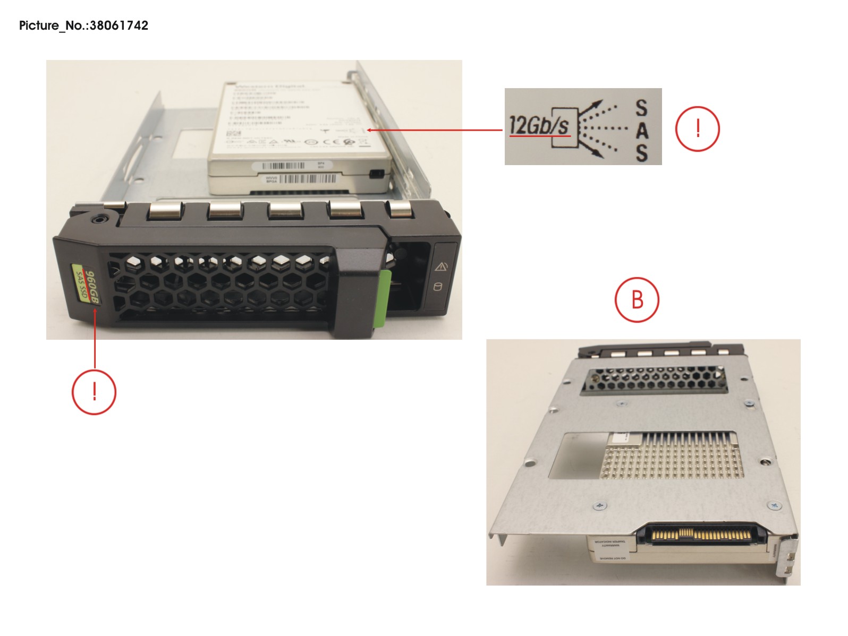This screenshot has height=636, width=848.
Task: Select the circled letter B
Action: click(x=637, y=299)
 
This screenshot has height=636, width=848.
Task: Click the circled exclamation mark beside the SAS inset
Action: click(x=697, y=129)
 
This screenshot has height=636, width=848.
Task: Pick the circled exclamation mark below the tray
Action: click(x=94, y=392)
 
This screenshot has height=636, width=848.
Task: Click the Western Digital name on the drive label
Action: click(x=269, y=86)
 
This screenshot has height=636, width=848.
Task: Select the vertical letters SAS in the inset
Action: click(x=641, y=131)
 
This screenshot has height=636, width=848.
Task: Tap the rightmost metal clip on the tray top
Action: click(x=402, y=209)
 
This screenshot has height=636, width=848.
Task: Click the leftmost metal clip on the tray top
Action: click(x=164, y=210)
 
